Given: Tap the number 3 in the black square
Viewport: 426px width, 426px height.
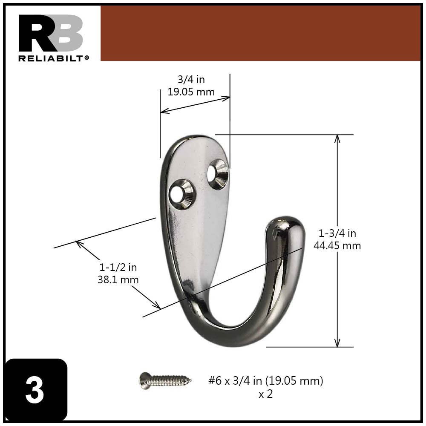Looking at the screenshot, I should [x=35, y=390].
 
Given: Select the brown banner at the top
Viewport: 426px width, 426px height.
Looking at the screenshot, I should [x=260, y=33].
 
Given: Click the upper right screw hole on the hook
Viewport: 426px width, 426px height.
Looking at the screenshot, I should [x=217, y=174].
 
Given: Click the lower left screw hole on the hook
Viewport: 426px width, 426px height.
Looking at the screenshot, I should [x=181, y=194].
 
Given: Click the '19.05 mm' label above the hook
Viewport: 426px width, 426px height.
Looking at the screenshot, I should [x=191, y=92].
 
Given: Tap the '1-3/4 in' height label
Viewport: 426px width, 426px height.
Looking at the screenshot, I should [x=337, y=233].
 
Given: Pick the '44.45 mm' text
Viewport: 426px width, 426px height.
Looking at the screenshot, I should [x=337, y=246].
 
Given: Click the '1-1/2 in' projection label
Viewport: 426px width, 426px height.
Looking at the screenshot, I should [x=118, y=268].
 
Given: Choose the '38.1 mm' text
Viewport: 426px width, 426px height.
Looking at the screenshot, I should [x=118, y=280].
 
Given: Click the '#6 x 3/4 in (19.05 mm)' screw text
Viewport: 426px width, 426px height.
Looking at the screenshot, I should [x=265, y=380].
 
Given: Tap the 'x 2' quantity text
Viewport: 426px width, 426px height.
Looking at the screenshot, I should [x=265, y=394].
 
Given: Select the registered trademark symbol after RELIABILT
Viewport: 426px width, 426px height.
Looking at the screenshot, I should [x=87, y=57].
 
